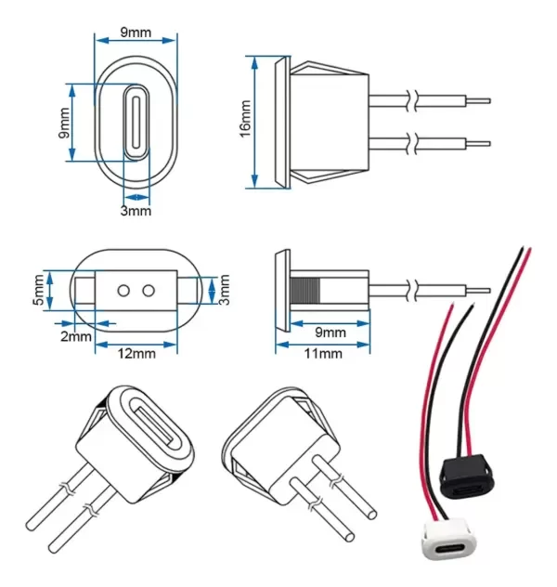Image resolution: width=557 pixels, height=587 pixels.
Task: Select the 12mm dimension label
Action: point(136,352)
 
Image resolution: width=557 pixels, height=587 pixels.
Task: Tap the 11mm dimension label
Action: point(322,353)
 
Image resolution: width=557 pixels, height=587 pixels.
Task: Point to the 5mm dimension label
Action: point(37,289)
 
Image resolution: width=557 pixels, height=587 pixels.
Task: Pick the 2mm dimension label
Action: point(77,336)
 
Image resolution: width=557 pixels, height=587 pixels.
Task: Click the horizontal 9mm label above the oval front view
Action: point(136,33)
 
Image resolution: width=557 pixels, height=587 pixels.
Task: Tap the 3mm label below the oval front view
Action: point(136,212)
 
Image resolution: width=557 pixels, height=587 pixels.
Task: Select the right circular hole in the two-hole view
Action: point(149,290)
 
